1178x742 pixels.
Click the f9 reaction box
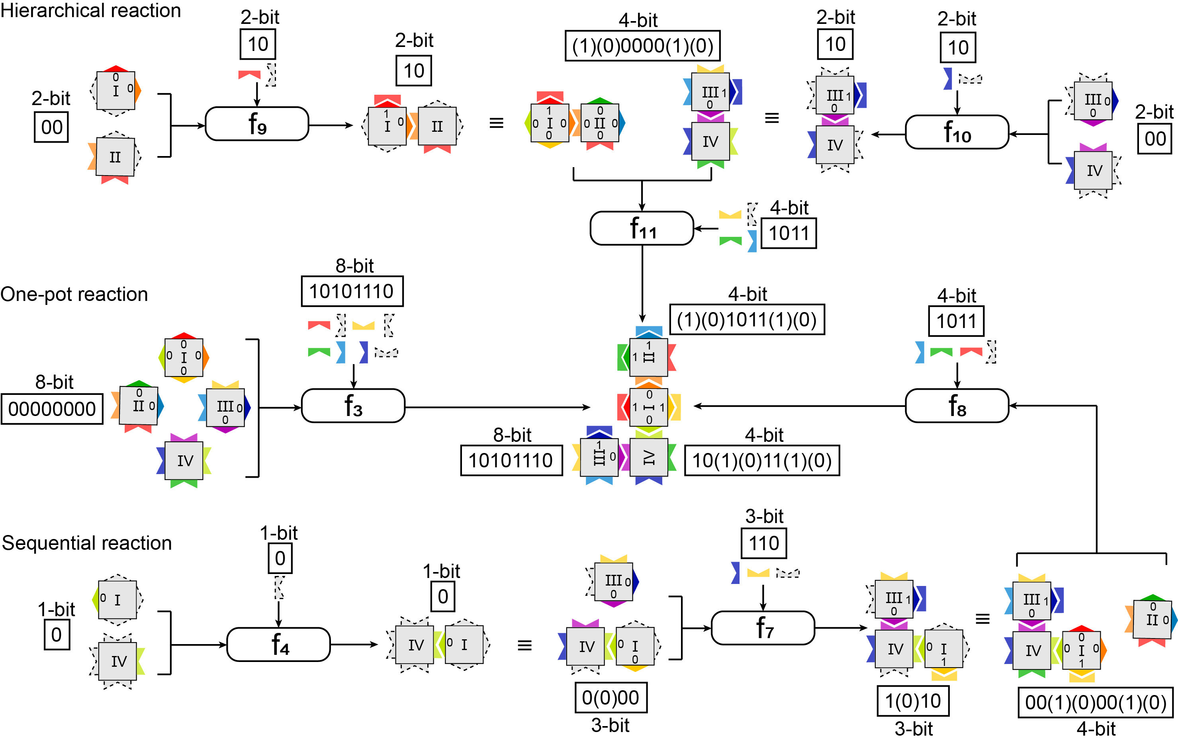coord(257,124)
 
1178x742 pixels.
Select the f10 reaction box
coord(957,132)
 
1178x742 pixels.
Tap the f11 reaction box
coord(642,228)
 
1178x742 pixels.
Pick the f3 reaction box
coord(353,406)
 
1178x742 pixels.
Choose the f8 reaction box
coord(957,406)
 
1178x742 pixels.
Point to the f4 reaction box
coord(278,644)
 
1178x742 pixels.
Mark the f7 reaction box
coord(763,627)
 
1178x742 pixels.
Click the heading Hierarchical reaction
coord(90,10)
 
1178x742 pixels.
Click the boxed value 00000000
coord(52,409)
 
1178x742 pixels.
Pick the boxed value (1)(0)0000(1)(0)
coord(642,45)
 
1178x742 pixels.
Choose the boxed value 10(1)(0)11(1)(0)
coord(762,460)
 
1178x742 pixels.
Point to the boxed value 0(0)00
coord(611,697)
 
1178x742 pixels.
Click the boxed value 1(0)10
coord(913,701)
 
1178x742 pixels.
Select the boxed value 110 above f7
coord(764,543)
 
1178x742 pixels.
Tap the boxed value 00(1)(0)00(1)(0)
coord(1096,702)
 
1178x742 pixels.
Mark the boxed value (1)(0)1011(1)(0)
coord(747,319)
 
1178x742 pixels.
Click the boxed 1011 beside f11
coord(789,233)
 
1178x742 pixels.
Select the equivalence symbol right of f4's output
coord(524,645)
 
